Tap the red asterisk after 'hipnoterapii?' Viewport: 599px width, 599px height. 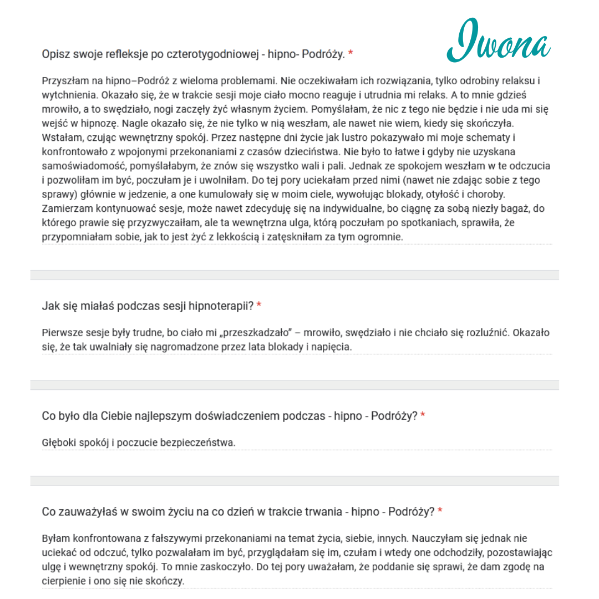point(259,306)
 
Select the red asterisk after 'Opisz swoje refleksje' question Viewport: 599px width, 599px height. point(351,54)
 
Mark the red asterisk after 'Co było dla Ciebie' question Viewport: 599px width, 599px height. point(423,415)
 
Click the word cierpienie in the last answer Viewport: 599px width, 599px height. point(65,581)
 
